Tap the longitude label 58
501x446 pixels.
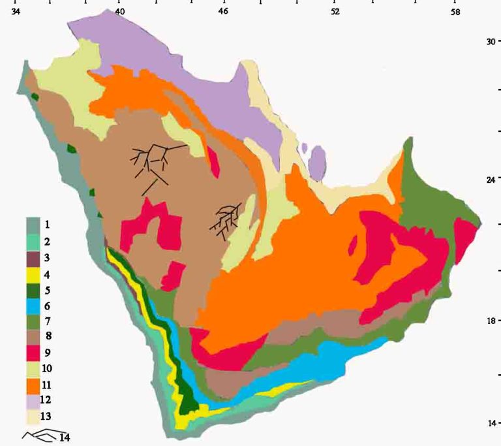pyautogui.click(x=455, y=12)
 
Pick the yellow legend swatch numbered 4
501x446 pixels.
pyautogui.click(x=34, y=274)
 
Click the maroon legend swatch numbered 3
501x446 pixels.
pyautogui.click(x=34, y=258)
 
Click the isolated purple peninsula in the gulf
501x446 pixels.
pyautogui.click(x=316, y=163)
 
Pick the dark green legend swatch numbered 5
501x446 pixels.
pyautogui.click(x=34, y=290)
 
